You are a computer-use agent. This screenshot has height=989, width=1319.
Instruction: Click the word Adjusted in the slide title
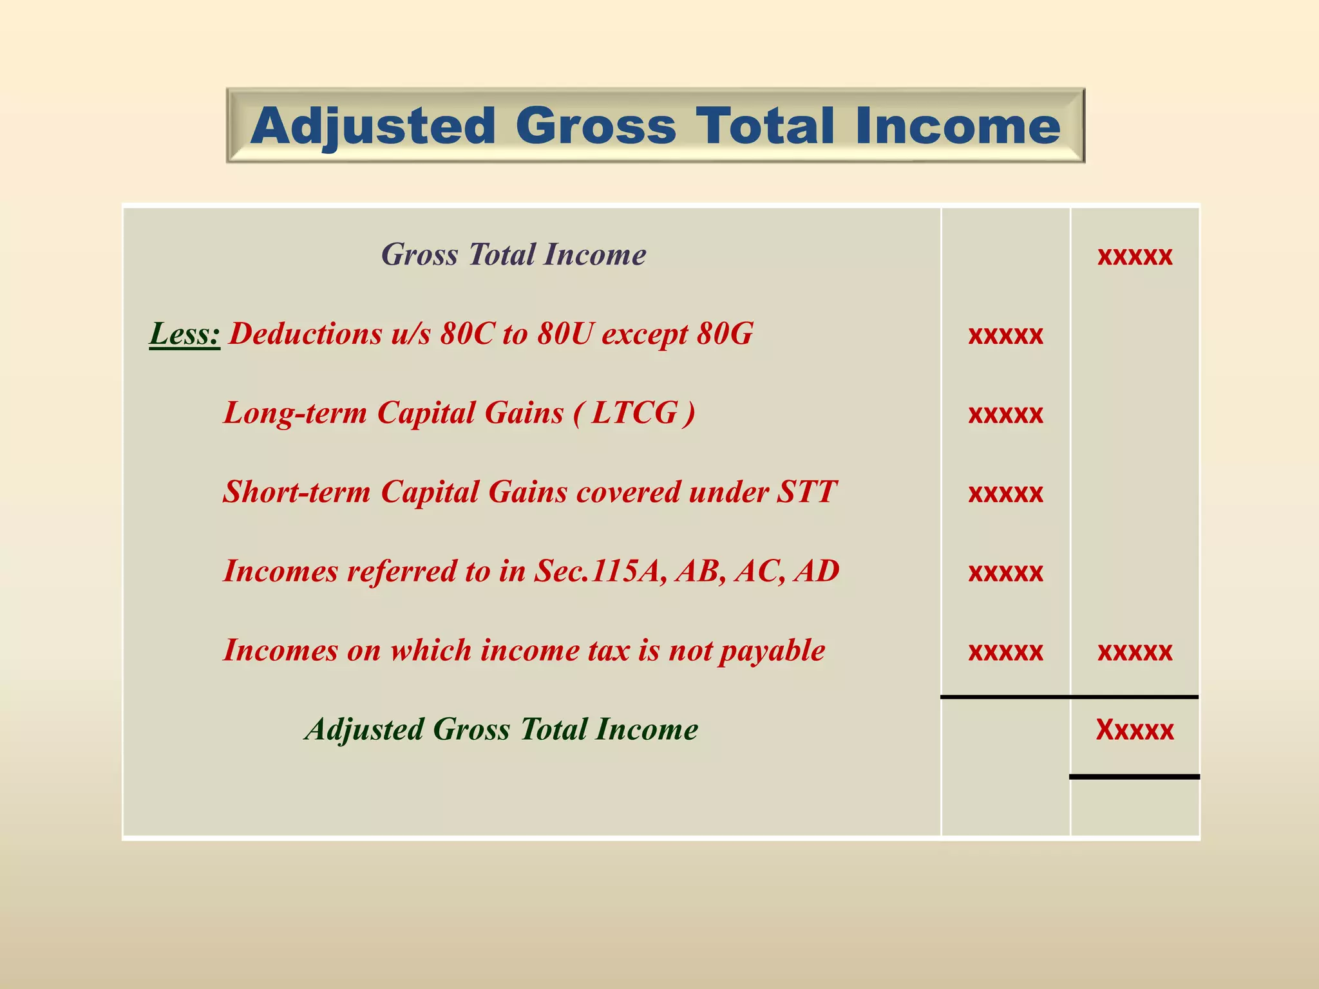[374, 127]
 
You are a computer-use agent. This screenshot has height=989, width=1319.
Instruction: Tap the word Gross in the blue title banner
[596, 126]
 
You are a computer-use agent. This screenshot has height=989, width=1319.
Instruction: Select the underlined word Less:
[185, 334]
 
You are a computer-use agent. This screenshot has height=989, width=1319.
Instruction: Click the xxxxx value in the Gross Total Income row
[1135, 256]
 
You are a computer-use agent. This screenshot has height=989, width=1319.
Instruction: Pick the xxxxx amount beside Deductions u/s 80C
[1005, 335]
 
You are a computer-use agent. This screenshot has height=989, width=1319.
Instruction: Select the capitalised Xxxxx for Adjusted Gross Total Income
[1135, 730]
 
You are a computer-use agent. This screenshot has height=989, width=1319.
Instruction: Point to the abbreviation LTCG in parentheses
[634, 413]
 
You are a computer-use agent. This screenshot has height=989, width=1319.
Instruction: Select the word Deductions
[305, 334]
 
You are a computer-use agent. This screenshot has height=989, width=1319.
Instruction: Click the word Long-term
[295, 413]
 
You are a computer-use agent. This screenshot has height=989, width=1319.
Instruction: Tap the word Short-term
[297, 492]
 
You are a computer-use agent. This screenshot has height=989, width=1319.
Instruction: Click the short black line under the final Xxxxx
[1135, 777]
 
